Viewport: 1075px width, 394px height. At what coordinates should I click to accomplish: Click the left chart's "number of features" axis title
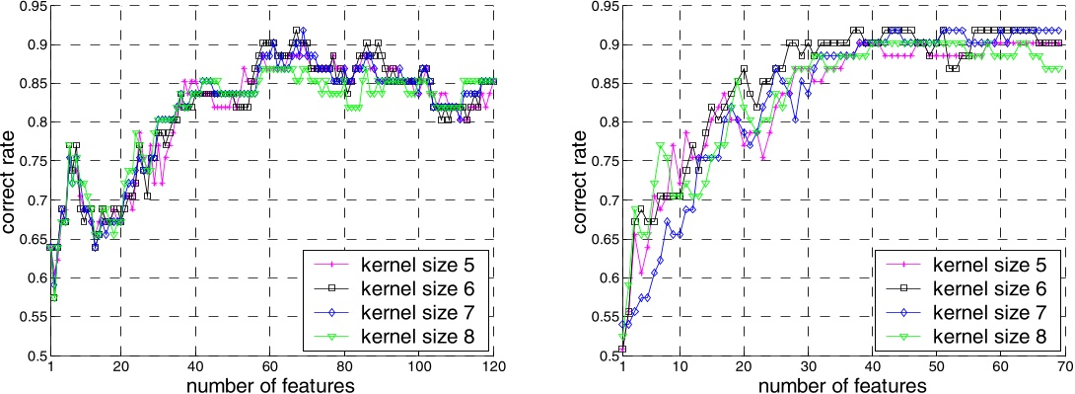pos(271,384)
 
